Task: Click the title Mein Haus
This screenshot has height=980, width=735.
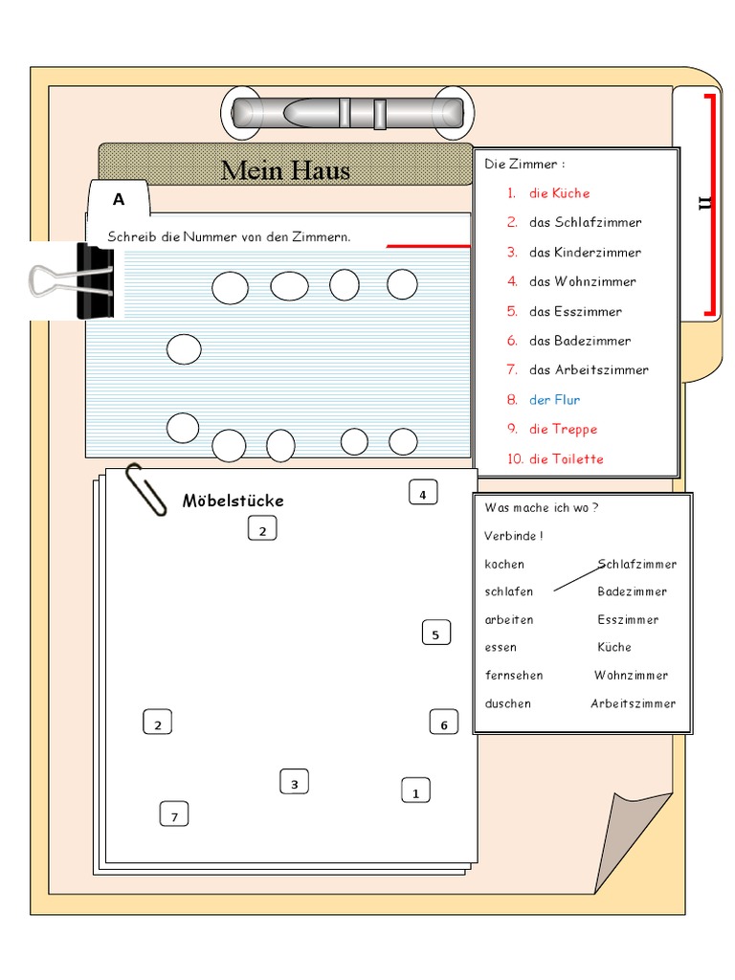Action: (x=285, y=170)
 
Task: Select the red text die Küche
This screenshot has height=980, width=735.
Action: (x=559, y=193)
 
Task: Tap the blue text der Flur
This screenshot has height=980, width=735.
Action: (x=554, y=400)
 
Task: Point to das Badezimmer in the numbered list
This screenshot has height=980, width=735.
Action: (x=579, y=341)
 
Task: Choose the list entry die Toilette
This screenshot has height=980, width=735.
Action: (x=566, y=459)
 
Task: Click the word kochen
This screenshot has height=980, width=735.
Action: (x=504, y=565)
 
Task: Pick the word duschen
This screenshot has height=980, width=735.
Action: (x=507, y=703)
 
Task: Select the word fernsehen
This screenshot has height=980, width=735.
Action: (x=513, y=676)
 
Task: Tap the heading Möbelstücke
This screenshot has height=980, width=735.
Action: (x=233, y=501)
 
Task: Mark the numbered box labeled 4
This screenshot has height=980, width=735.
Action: (x=423, y=494)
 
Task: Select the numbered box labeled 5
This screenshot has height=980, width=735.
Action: (x=435, y=634)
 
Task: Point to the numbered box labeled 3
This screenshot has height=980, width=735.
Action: (x=294, y=784)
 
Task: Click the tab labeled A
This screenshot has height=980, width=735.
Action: (x=119, y=200)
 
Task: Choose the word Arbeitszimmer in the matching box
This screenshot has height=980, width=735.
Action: (x=633, y=703)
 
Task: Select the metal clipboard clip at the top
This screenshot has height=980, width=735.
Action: (x=346, y=113)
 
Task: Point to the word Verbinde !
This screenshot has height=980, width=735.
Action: (x=513, y=536)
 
